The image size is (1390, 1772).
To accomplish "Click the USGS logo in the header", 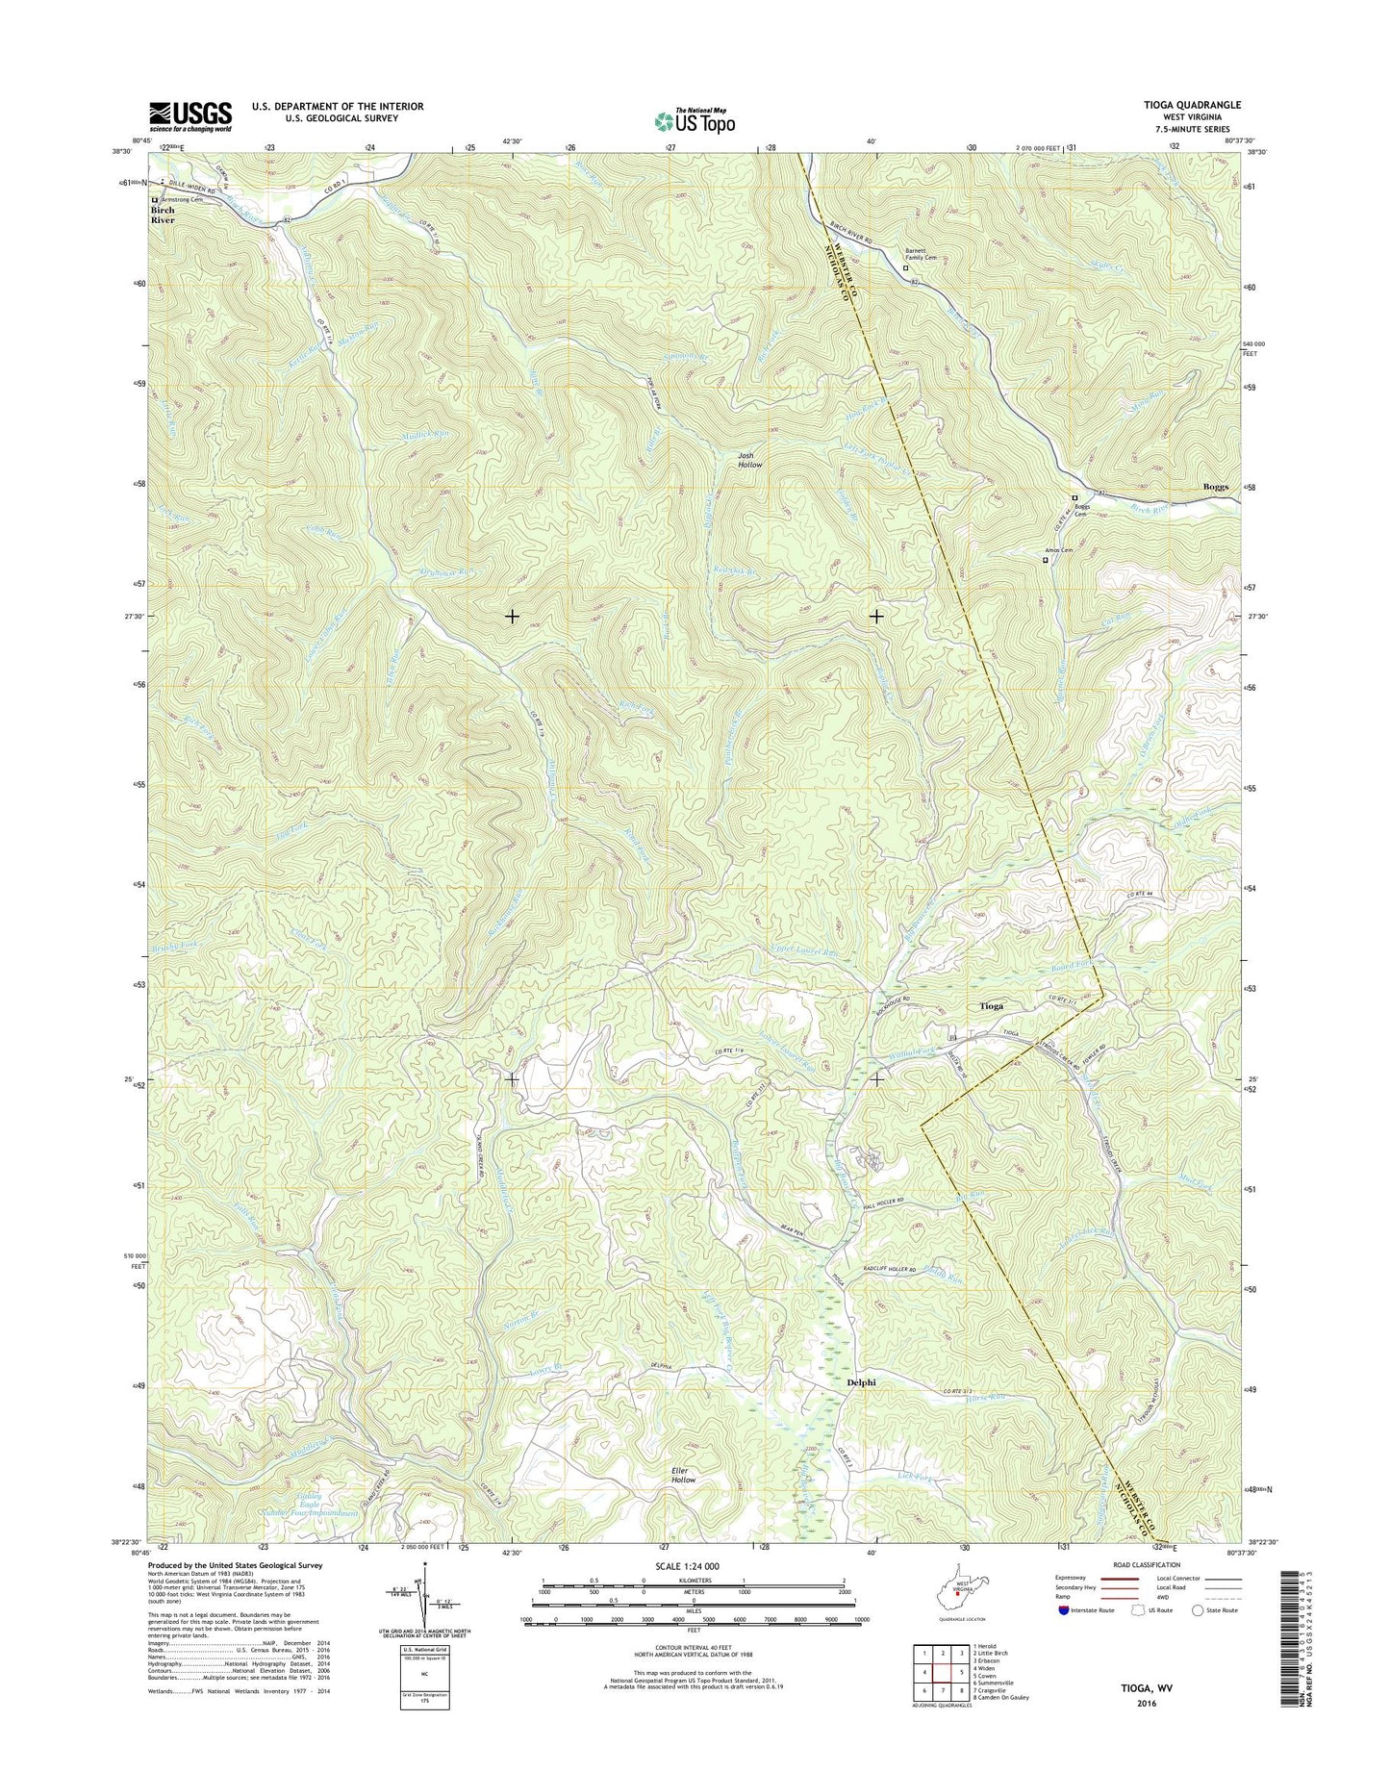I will pyautogui.click(x=190, y=116).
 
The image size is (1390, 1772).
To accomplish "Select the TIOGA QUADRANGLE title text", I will pyautogui.click(x=1187, y=105).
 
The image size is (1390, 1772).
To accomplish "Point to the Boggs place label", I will pyautogui.click(x=1215, y=487).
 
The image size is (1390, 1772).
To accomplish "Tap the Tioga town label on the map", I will pyautogui.click(x=991, y=1006).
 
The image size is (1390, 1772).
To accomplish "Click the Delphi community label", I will pyautogui.click(x=861, y=1381).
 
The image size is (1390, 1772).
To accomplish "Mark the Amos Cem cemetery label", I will pyautogui.click(x=1058, y=552).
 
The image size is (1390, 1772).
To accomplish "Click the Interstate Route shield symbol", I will pyautogui.click(x=1064, y=1636).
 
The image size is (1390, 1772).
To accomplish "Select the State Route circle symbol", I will pyautogui.click(x=1198, y=1636).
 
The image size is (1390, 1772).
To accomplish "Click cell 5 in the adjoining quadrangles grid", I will pyautogui.click(x=943, y=1671).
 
